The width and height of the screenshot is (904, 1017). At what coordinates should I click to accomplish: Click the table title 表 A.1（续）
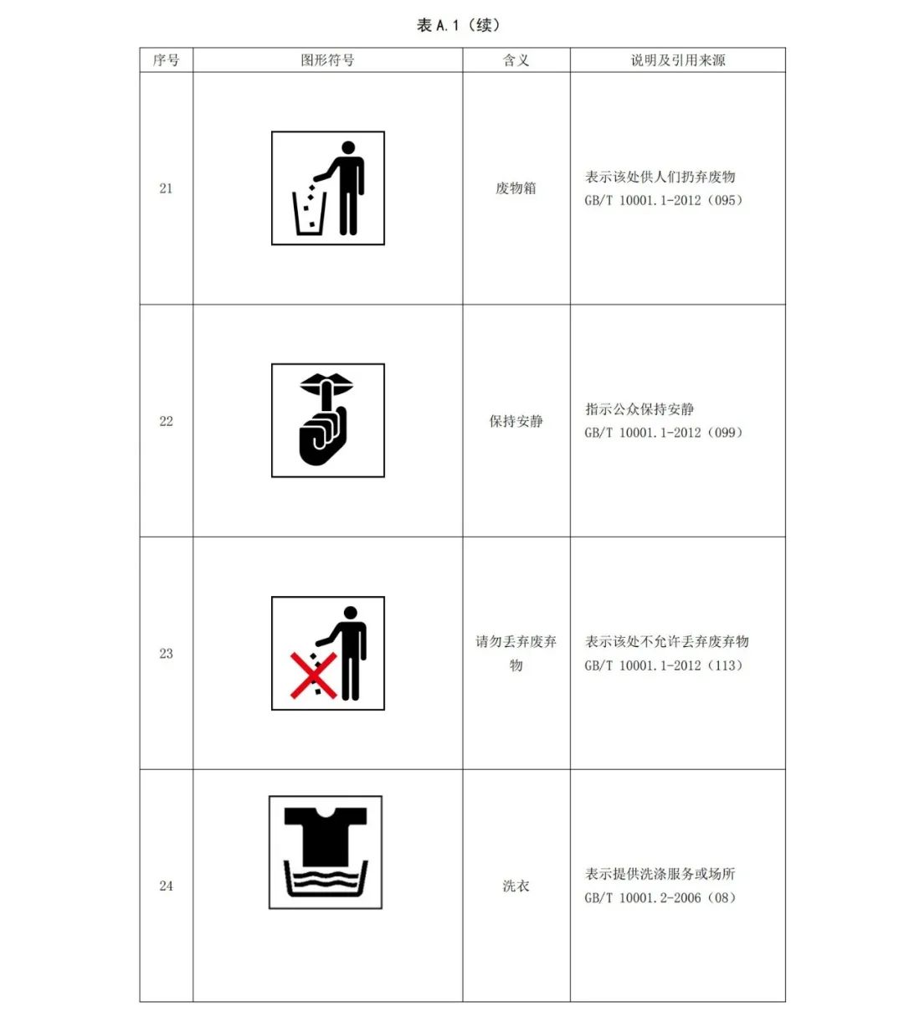(x=458, y=25)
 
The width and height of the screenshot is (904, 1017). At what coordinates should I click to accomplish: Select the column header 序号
(x=166, y=60)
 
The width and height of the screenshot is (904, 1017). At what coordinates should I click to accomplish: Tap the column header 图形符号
(x=327, y=60)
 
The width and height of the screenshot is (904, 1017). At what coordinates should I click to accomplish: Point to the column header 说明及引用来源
(x=678, y=60)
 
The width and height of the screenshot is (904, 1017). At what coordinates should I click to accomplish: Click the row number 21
(x=166, y=188)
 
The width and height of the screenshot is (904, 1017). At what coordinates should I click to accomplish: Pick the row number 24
(x=166, y=886)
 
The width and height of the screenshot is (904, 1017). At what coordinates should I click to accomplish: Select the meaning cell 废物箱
(x=516, y=188)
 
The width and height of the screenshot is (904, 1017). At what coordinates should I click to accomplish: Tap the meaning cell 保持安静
(x=516, y=421)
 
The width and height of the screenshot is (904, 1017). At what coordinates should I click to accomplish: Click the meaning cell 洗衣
(x=516, y=886)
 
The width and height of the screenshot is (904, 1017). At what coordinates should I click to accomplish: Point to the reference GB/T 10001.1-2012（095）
(x=664, y=200)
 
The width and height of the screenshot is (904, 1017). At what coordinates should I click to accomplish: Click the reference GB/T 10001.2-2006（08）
(x=660, y=897)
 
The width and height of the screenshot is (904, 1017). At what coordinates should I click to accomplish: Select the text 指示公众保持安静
(x=639, y=409)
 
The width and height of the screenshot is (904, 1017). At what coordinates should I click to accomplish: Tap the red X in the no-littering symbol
(x=313, y=675)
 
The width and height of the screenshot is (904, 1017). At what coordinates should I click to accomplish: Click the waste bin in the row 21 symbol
(x=309, y=213)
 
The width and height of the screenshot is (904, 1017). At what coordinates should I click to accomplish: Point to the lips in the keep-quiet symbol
(x=326, y=384)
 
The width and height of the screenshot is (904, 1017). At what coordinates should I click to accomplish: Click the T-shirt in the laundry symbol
(x=326, y=836)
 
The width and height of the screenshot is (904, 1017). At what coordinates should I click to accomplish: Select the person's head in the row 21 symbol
(x=348, y=147)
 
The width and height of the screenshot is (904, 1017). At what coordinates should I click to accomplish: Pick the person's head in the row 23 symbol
(x=351, y=613)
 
